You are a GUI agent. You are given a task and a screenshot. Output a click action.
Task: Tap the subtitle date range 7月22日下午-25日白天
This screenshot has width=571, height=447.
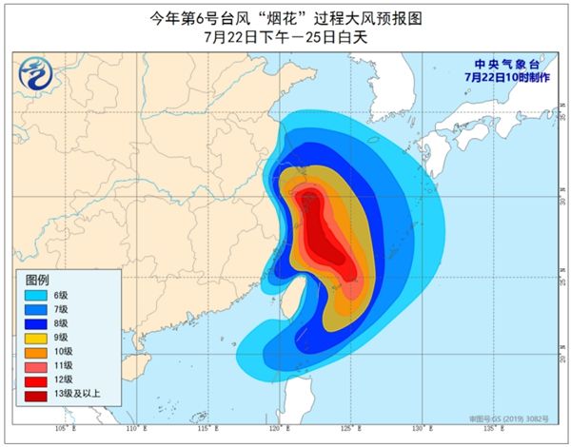pos(285,39)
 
